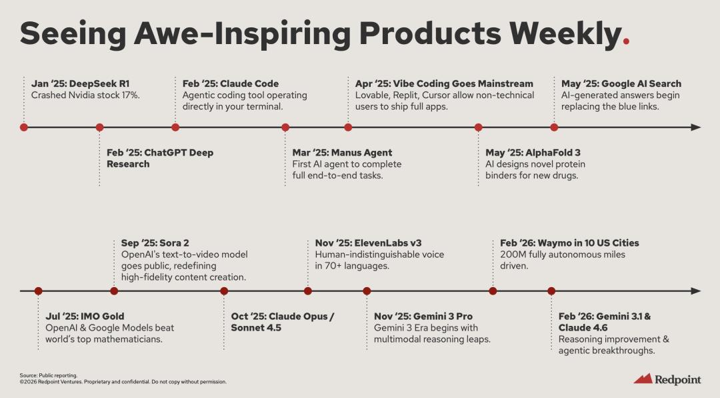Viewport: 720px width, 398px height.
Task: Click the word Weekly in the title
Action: coord(566,34)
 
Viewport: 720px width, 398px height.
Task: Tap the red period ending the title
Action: coord(626,41)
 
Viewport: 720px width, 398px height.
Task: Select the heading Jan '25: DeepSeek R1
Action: coord(81,83)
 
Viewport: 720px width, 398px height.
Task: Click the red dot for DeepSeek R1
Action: coord(24,128)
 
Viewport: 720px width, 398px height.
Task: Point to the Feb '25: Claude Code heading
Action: coord(231,83)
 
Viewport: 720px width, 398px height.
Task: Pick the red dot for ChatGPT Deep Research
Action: coord(99,128)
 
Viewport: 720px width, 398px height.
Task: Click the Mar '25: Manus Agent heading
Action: coord(342,153)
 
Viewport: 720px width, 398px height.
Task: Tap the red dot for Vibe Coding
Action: coord(348,128)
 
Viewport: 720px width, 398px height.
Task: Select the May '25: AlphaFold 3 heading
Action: coord(533,153)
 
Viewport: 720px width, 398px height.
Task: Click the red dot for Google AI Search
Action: coord(554,128)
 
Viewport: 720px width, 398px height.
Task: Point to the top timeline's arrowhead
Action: coord(695,128)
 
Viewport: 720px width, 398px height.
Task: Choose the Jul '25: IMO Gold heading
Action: coord(85,317)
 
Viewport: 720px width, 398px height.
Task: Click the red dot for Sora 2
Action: coord(115,290)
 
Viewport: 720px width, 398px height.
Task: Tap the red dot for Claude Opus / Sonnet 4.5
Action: coord(224,290)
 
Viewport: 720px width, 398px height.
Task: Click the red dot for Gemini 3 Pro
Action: coord(367,290)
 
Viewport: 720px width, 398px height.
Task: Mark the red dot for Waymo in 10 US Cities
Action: coord(493,290)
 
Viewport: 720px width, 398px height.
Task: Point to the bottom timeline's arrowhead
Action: coord(695,290)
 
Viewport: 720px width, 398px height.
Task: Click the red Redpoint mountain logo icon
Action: coord(643,379)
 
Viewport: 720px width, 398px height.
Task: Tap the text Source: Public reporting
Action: coord(49,375)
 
